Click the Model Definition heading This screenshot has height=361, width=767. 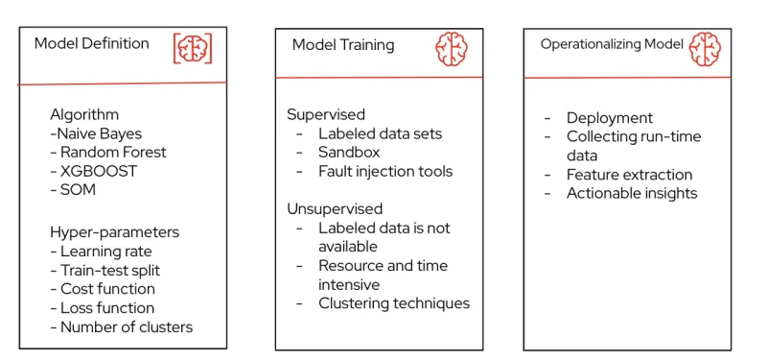click(92, 43)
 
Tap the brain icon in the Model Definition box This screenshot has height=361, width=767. click(192, 49)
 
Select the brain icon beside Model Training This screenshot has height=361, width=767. click(452, 48)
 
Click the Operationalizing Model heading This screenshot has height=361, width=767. click(612, 44)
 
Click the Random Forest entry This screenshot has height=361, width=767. click(108, 152)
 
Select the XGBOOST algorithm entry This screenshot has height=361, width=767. click(93, 171)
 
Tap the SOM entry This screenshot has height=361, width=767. click(73, 190)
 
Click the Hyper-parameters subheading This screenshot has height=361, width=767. click(114, 231)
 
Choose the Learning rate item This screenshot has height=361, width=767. click(101, 251)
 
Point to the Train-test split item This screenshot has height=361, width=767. click(107, 270)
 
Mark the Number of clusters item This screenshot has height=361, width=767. click(121, 326)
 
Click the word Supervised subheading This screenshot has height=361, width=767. click(326, 114)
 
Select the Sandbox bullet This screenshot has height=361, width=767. click(349, 152)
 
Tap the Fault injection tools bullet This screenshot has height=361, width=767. click(385, 171)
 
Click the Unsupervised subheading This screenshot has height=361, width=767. click(335, 208)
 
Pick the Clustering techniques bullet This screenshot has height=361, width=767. click(394, 302)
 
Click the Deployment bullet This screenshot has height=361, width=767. click(610, 117)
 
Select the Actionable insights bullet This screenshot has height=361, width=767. click(632, 193)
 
